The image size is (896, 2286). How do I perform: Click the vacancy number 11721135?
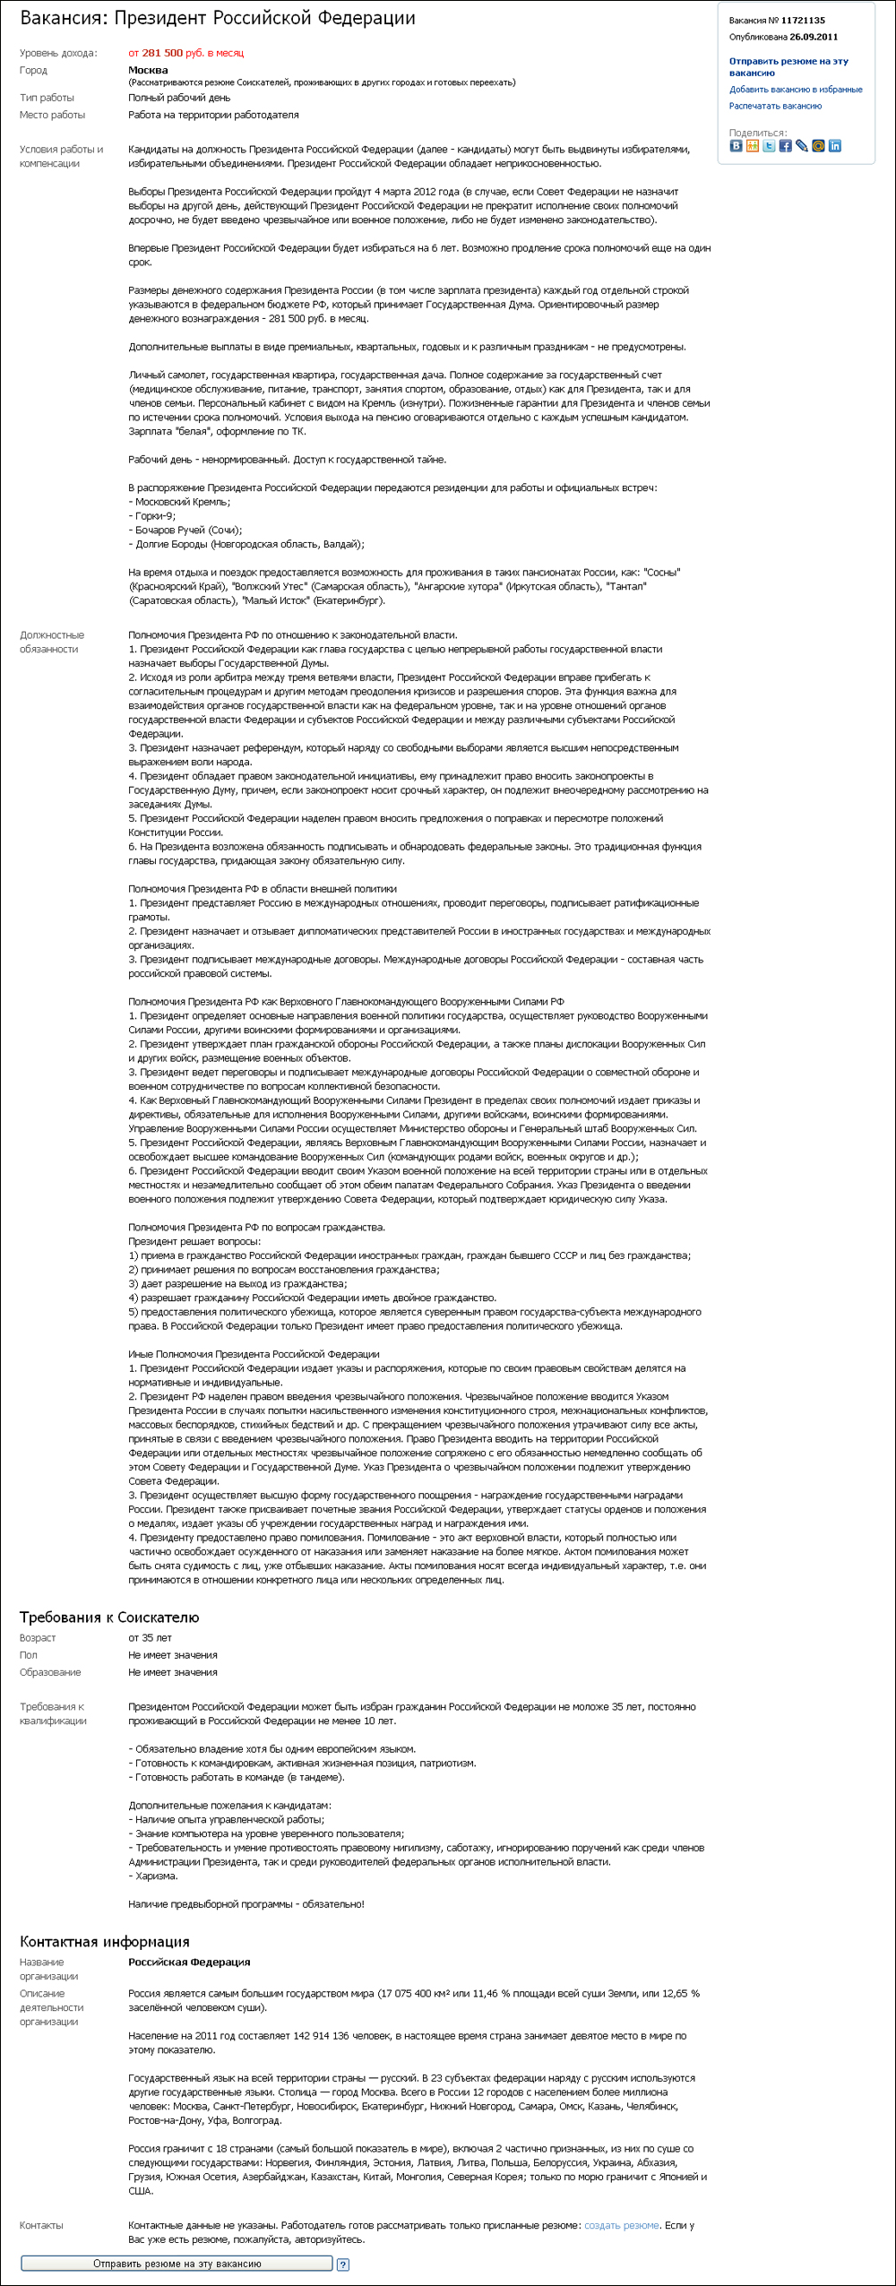803,21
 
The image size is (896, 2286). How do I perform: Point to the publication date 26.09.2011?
814,38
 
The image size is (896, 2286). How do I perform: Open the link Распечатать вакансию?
775,107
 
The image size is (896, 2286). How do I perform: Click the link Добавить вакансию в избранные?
796,90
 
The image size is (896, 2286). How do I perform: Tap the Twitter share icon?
769,146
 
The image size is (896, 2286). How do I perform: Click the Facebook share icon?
785,146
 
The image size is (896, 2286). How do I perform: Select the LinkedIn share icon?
835,146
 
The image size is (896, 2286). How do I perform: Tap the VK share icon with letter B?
736,146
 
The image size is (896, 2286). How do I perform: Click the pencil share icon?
802,146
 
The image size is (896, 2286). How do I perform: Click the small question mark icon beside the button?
342,2264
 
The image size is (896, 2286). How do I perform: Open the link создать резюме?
622,2225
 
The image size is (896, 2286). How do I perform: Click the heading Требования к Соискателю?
109,1617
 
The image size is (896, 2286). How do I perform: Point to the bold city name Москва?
148,70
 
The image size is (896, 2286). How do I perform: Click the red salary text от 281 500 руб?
185,53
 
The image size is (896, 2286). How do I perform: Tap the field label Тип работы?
47,98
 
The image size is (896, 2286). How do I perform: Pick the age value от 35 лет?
150,1638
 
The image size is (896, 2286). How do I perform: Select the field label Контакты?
41,2225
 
